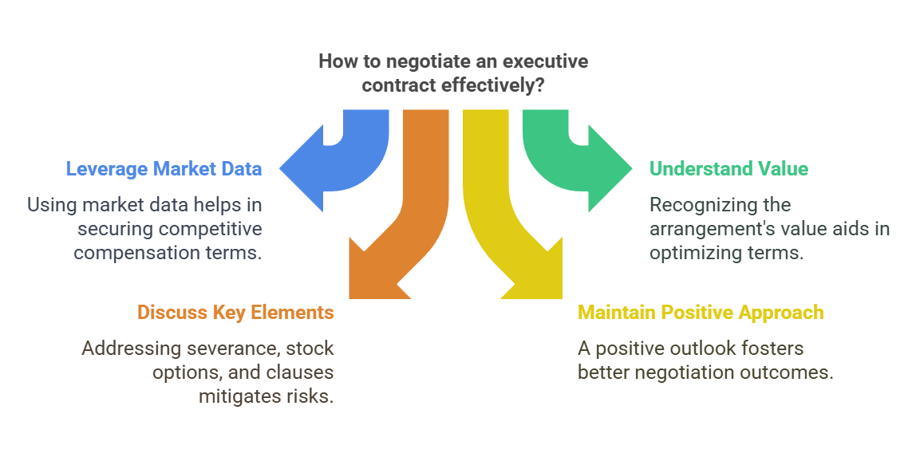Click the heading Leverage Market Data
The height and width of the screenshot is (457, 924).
164,169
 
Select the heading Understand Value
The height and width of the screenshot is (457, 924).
729,169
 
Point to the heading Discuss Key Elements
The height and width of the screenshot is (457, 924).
235,312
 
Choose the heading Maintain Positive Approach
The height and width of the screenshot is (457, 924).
701,312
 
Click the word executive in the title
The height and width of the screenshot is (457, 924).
549,61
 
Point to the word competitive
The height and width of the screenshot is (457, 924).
209,229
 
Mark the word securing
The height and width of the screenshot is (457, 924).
116,229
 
